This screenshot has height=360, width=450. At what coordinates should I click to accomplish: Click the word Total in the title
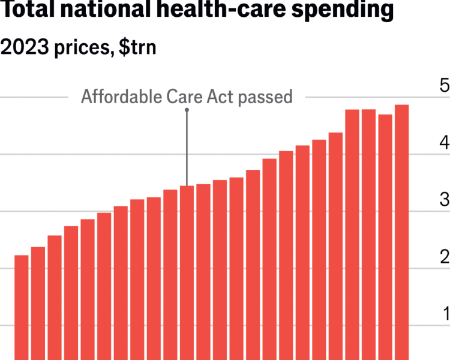point(26,11)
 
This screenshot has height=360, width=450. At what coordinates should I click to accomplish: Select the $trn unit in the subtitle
point(134,48)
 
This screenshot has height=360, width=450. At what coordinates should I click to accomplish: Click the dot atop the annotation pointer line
point(187,110)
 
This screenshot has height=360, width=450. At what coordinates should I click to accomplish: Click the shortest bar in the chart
point(22,307)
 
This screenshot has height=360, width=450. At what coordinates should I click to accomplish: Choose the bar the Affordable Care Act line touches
point(187,272)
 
